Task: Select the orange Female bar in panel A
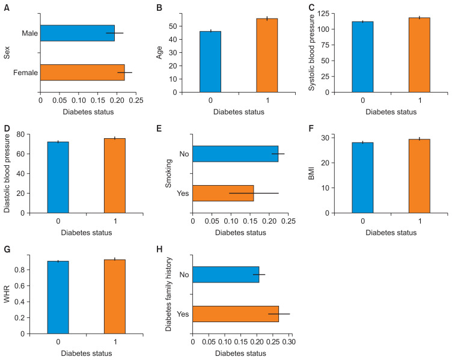82,73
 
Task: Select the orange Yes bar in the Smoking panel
222,193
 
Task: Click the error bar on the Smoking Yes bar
254,193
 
